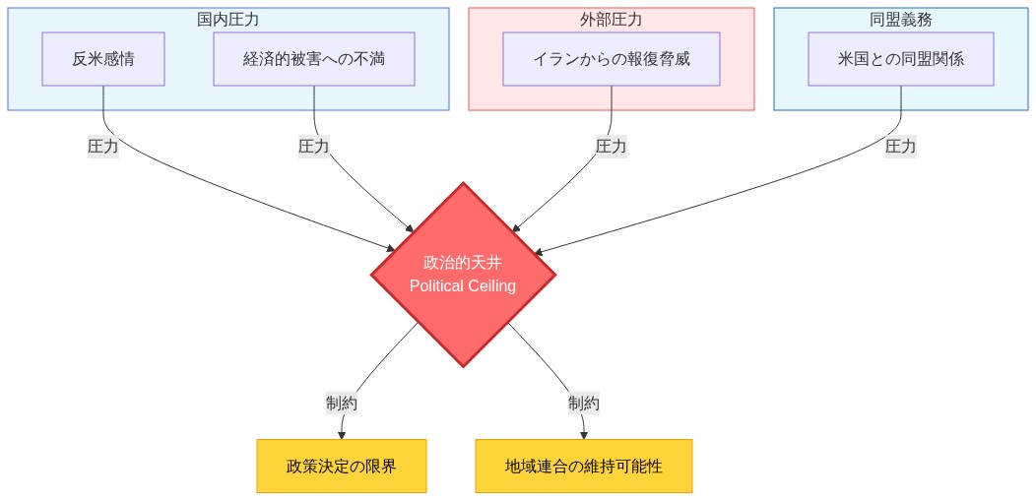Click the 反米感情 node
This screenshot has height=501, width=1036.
click(x=103, y=59)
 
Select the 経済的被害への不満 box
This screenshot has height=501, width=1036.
click(x=314, y=59)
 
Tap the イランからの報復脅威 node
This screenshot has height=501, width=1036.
click(x=612, y=59)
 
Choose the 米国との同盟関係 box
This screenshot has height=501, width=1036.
click(x=901, y=59)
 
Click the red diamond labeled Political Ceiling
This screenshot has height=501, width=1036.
click(x=463, y=275)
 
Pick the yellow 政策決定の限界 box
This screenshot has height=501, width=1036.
click(x=342, y=466)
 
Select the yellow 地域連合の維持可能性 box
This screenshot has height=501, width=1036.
click(x=584, y=466)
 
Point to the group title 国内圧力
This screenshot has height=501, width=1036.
click(x=228, y=20)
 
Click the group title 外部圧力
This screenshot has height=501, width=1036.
click(x=612, y=20)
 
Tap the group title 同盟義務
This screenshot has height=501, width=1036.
click(x=901, y=20)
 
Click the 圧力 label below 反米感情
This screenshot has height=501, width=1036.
click(x=103, y=146)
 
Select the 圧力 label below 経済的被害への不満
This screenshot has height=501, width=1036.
click(x=314, y=146)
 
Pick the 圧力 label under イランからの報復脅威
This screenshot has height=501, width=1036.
click(x=612, y=146)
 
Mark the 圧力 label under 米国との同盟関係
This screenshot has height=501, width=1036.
click(x=901, y=146)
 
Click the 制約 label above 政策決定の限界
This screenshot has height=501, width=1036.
click(x=342, y=403)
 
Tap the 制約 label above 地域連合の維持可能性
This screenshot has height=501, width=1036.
click(x=584, y=403)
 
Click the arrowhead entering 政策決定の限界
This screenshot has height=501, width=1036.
click(x=342, y=434)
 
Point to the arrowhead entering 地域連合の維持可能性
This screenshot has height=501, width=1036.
click(x=584, y=434)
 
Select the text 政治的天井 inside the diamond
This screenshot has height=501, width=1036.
click(x=463, y=263)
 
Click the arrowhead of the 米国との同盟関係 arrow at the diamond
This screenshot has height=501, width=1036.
click(x=539, y=252)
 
